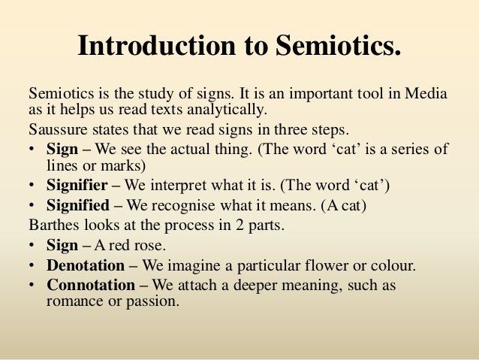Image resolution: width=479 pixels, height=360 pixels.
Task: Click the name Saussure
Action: pyautogui.click(x=58, y=129)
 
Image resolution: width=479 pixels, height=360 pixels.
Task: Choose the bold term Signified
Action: pyautogui.click(x=79, y=205)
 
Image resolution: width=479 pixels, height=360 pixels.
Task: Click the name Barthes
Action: pyautogui.click(x=53, y=225)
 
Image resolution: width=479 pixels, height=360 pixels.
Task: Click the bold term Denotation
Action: pyautogui.click(x=86, y=265)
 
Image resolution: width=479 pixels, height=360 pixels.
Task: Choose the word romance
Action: pyautogui.click(x=73, y=302)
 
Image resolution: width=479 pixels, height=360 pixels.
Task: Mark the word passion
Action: pyautogui.click(x=152, y=302)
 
